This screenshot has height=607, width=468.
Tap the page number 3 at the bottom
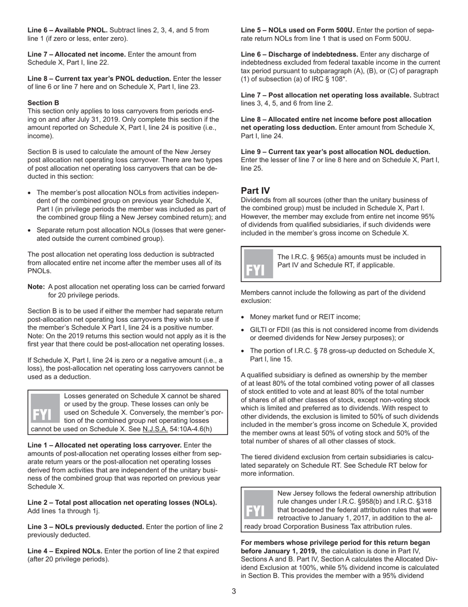(x=234, y=591)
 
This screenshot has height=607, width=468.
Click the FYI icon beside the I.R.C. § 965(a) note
(x=258, y=264)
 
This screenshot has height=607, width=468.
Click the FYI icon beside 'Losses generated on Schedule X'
(x=45, y=408)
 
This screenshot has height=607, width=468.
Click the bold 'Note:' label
(x=36, y=287)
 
